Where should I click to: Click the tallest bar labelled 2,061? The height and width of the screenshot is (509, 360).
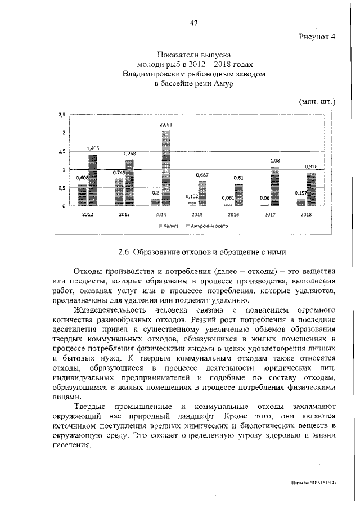[x=166, y=168]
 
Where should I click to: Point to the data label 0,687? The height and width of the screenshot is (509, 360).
[x=202, y=175]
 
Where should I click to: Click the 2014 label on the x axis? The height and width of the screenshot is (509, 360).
[x=160, y=214]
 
